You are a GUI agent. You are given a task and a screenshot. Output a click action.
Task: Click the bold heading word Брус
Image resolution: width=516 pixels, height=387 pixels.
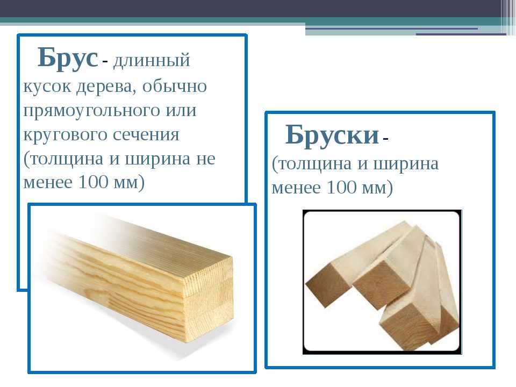68,58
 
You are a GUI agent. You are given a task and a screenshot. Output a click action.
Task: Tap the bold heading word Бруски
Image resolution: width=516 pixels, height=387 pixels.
332,135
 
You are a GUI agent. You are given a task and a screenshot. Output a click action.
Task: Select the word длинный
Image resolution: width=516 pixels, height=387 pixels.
152,61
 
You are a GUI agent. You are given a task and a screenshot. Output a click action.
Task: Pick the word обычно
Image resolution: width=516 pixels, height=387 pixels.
174,86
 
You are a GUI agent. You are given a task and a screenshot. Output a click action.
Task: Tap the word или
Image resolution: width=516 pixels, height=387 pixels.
181,111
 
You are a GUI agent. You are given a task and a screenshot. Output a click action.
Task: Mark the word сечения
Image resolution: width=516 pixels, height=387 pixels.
146,135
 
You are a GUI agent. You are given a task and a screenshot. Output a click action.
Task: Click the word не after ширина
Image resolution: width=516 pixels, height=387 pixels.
206,159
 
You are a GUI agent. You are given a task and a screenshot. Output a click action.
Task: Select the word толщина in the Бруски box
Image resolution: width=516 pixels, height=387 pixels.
312,164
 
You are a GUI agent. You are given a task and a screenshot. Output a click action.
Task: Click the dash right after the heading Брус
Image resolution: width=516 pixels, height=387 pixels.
105,61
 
